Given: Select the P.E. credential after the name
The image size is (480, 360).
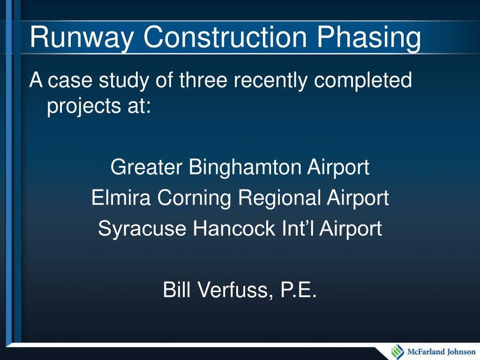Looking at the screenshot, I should (299, 291).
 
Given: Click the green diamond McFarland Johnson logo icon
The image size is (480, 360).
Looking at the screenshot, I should (397, 352).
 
